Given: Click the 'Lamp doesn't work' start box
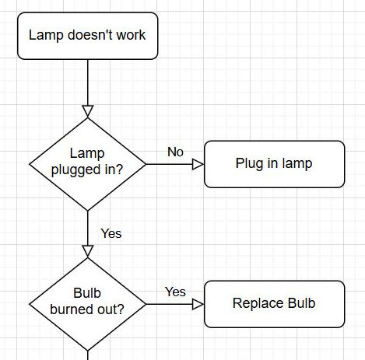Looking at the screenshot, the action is click(88, 36).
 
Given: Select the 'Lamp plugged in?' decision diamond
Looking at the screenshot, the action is click(88, 164).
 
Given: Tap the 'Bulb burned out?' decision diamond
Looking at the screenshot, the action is click(88, 304).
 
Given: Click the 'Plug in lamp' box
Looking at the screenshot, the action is click(275, 164).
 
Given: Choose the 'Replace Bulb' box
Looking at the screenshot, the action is click(275, 304).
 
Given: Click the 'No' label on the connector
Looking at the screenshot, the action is click(175, 152).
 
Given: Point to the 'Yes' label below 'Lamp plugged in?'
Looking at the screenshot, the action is click(111, 233).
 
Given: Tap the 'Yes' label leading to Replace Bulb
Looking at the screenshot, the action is click(175, 292).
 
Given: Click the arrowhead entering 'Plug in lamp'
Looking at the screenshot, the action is click(198, 164).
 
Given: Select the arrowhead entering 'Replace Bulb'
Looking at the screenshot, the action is click(198, 304).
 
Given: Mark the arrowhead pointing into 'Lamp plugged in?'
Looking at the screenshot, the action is click(88, 111).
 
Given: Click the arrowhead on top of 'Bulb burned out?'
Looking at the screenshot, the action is click(88, 251).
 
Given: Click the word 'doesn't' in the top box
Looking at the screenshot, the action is click(90, 35).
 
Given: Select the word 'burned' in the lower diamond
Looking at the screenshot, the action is click(68, 309).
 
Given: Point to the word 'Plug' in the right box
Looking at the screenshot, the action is click(249, 164).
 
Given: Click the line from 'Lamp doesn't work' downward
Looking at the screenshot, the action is click(88, 82).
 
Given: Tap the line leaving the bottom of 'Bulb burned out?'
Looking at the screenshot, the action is click(88, 355).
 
